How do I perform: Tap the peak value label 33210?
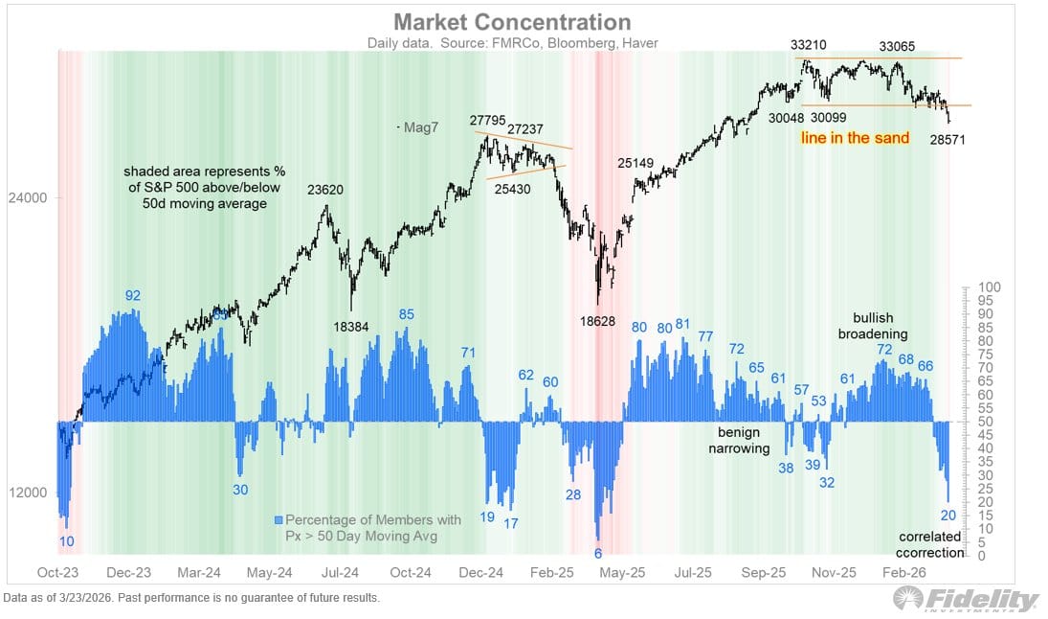pos(810,44)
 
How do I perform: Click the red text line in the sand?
pos(855,138)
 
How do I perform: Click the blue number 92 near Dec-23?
pos(133,295)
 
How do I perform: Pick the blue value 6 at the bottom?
pos(598,554)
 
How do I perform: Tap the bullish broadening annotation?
pos(873,326)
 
